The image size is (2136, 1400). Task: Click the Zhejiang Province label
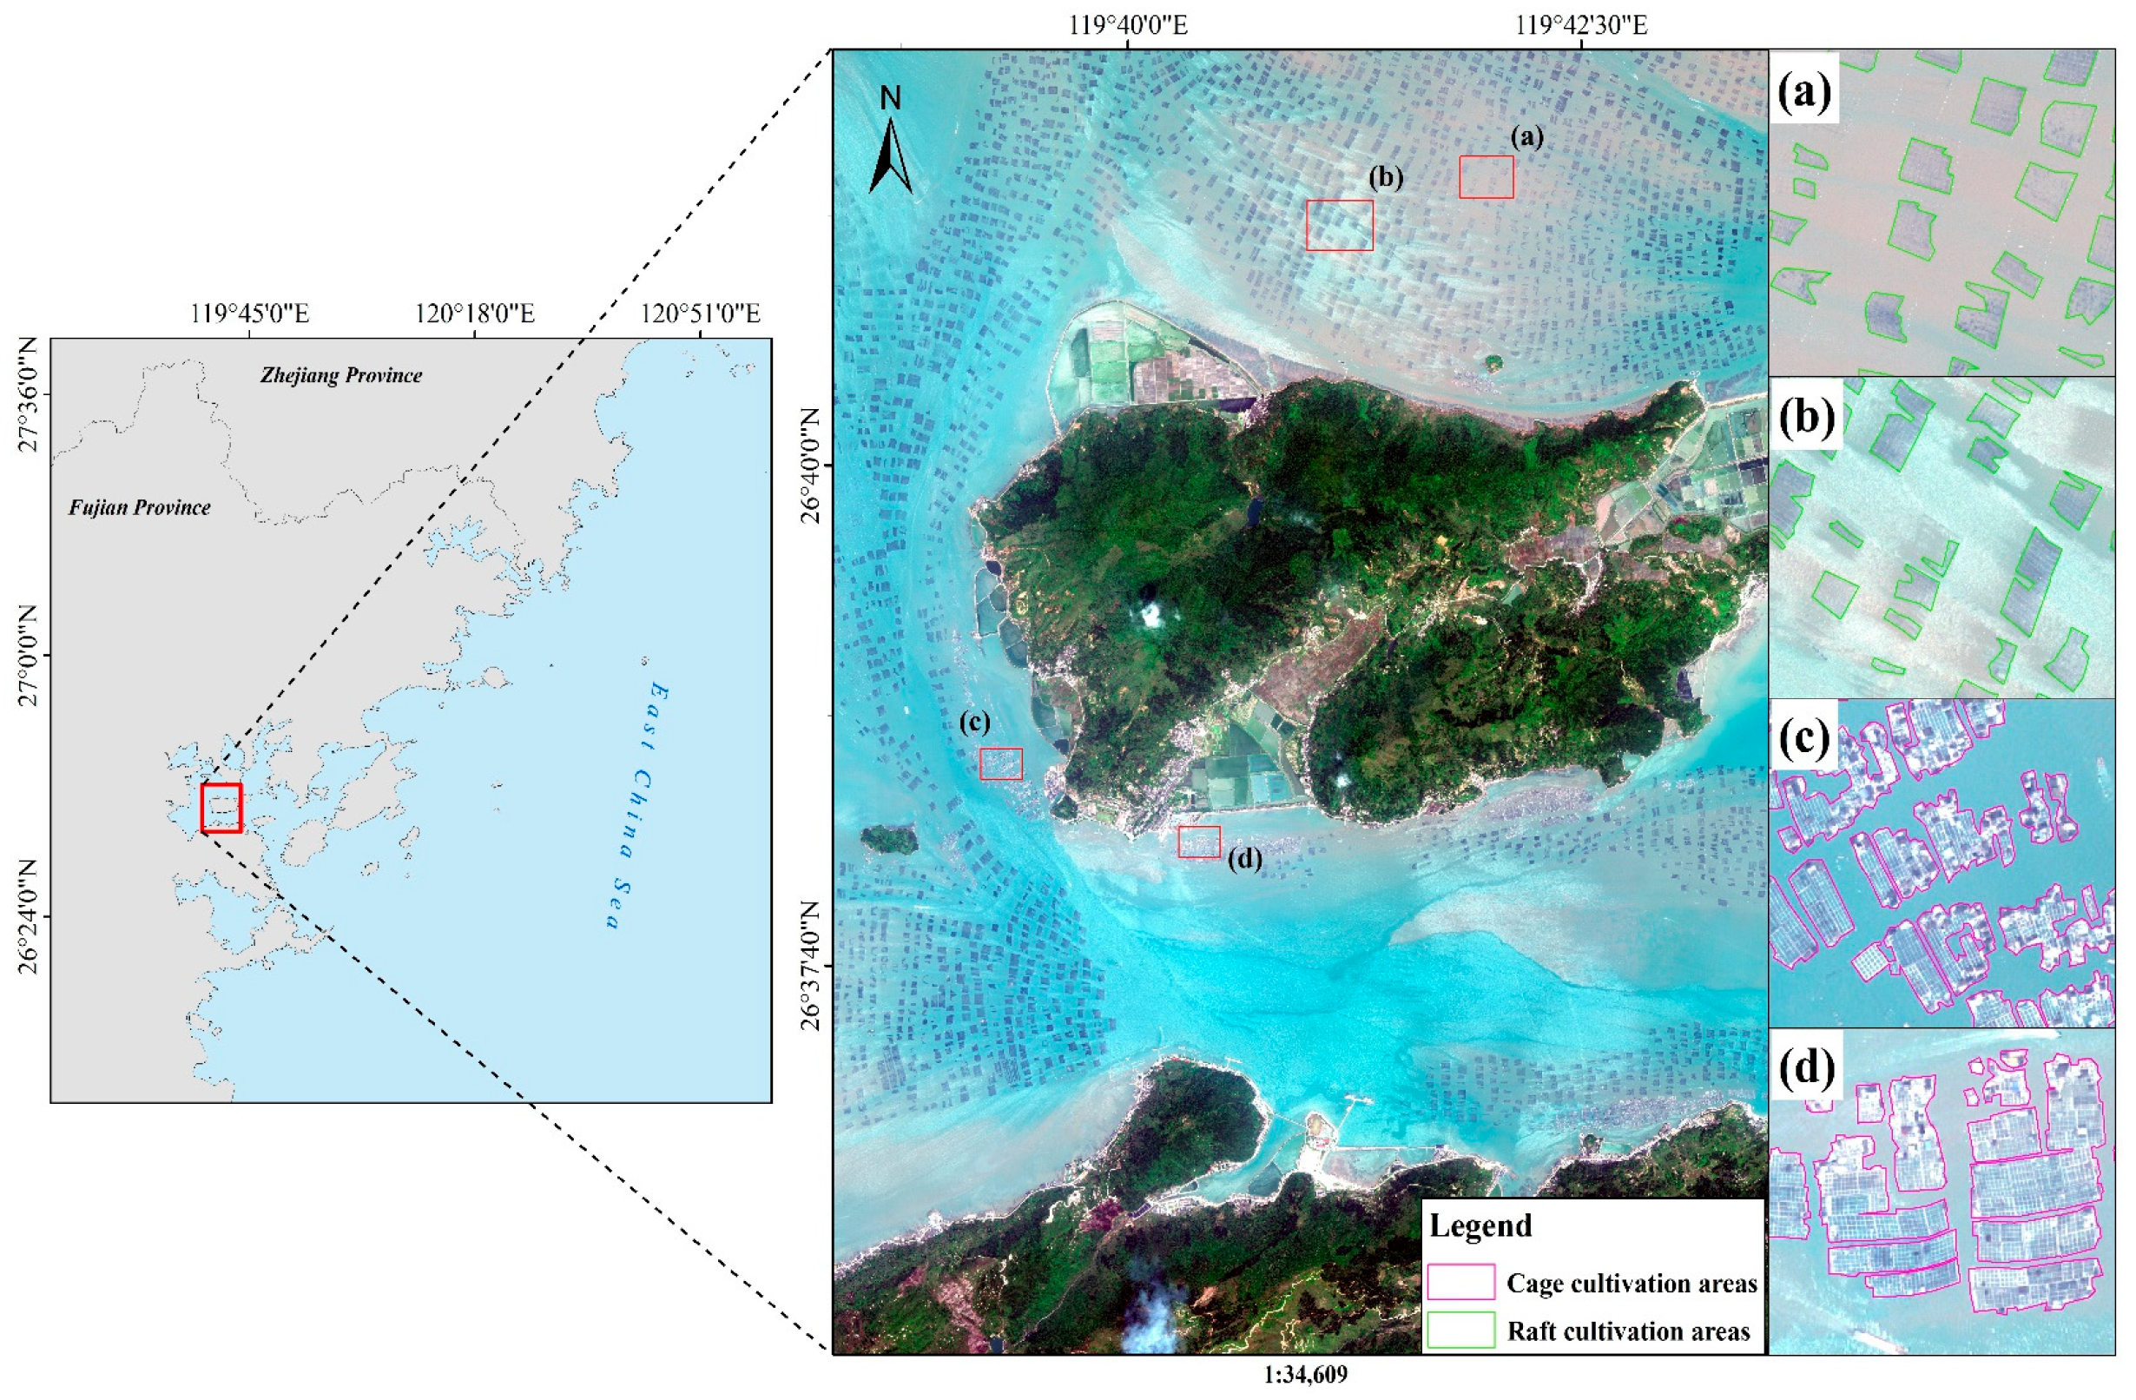[x=341, y=375]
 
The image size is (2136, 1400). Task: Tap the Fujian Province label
[x=140, y=508]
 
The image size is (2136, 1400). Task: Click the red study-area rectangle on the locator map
[x=221, y=808]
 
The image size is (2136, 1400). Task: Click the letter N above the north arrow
[x=890, y=99]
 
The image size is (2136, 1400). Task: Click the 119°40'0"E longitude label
[x=1128, y=24]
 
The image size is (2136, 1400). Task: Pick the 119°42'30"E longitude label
[x=1581, y=24]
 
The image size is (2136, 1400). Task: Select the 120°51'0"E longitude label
[x=701, y=314]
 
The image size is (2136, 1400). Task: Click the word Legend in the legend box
[x=1480, y=1226]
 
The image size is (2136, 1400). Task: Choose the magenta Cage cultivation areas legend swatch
[x=1460, y=1282]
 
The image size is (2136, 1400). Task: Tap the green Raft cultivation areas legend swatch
[x=1460, y=1330]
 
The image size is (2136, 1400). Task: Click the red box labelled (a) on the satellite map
[x=1486, y=177]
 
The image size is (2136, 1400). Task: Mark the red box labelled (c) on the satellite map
[x=1000, y=763]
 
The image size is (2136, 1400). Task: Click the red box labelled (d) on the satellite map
[x=1199, y=842]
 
